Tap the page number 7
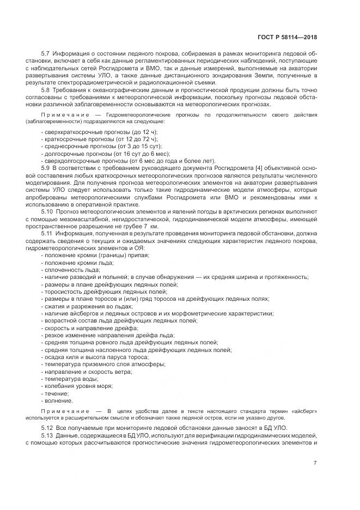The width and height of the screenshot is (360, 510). coord(315,463)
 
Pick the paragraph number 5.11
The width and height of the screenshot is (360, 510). coord(47,233)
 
